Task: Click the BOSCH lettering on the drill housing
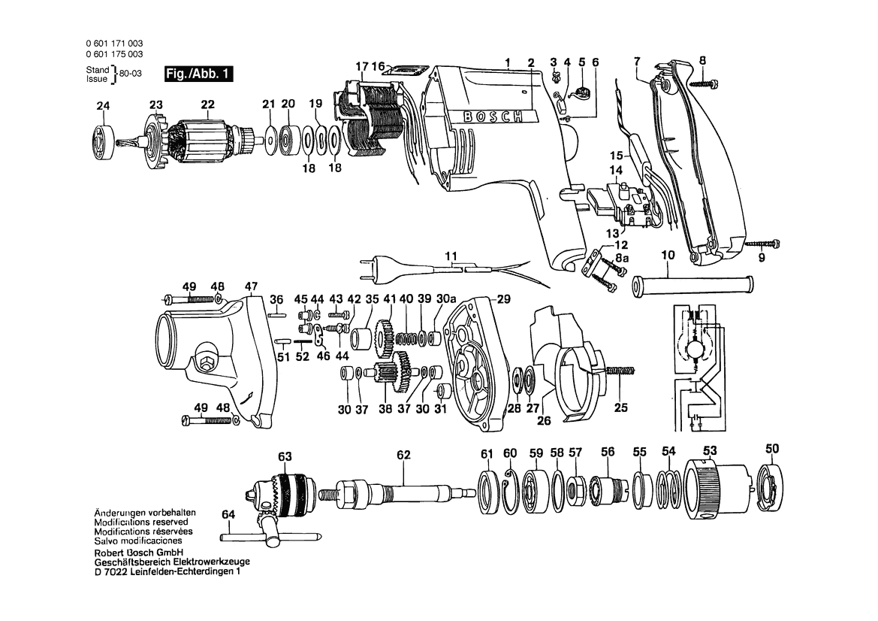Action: pyautogui.click(x=493, y=116)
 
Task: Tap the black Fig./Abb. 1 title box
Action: pyautogui.click(x=199, y=74)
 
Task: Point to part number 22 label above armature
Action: pyautogui.click(x=208, y=105)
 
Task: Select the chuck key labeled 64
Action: pyautogui.click(x=270, y=536)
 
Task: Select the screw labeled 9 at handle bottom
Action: pyautogui.click(x=762, y=244)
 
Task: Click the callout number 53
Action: pyautogui.click(x=710, y=451)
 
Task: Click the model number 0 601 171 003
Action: pyautogui.click(x=114, y=43)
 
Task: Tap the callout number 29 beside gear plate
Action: pyautogui.click(x=503, y=299)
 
